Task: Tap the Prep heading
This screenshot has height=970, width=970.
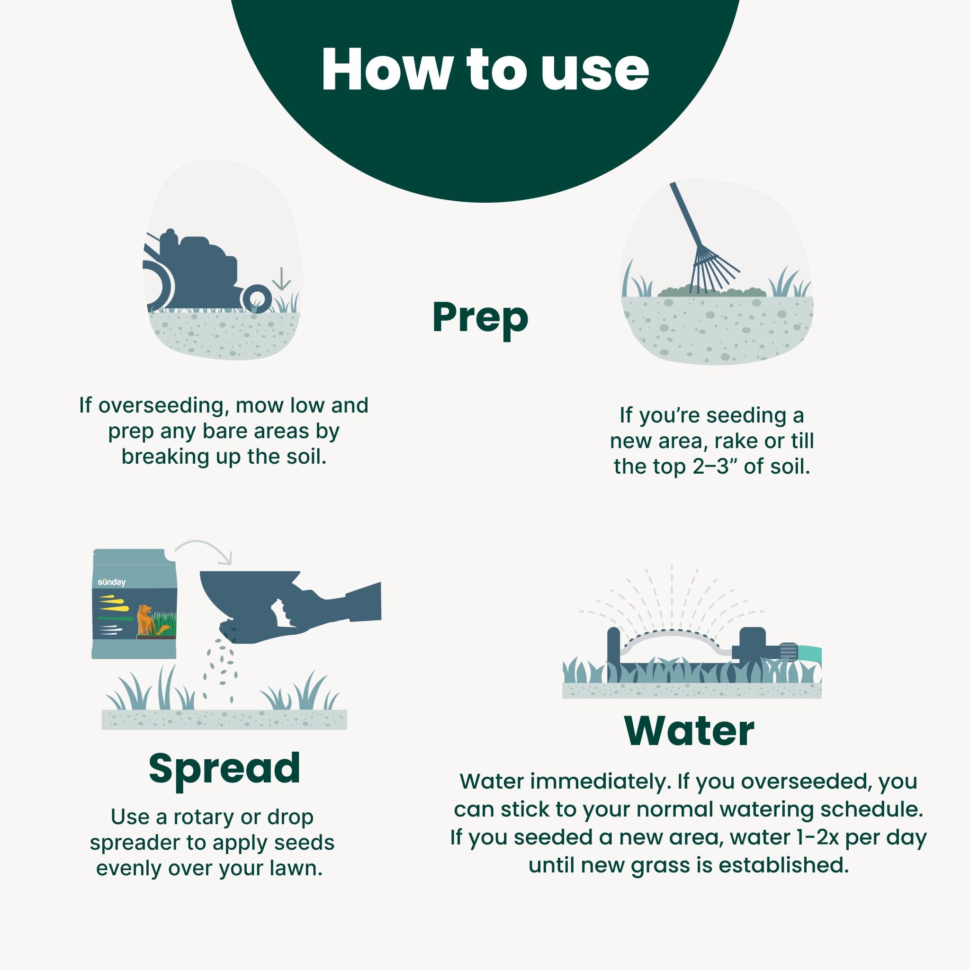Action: point(480,319)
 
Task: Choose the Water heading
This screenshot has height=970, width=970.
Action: point(689,731)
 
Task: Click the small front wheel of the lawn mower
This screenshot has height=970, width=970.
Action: point(257,299)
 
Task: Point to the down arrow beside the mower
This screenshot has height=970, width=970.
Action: point(281,278)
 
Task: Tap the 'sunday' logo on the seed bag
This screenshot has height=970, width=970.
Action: point(111,582)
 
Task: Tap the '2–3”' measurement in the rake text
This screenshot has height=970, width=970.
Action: point(715,467)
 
